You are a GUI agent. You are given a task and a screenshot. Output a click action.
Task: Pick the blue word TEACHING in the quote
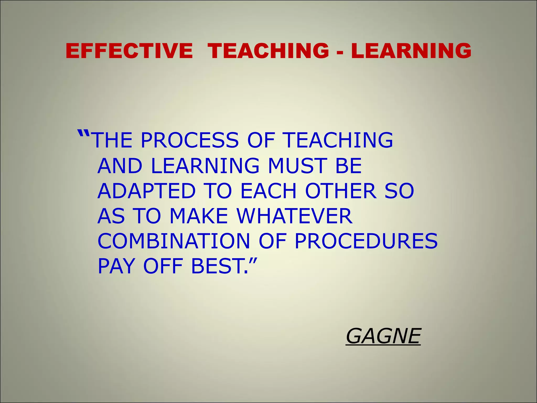point(338,140)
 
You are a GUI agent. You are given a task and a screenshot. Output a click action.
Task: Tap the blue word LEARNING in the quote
point(205,166)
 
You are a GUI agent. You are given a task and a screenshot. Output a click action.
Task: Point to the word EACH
point(268,191)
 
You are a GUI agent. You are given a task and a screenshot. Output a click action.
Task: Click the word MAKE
point(199,216)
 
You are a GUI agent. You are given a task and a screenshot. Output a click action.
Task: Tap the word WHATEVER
point(294,216)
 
